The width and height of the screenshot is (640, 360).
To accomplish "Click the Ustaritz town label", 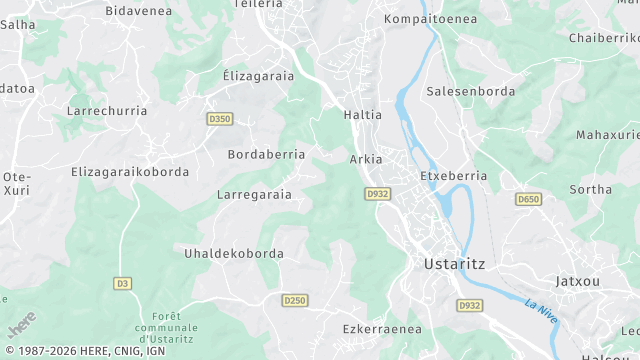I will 448,264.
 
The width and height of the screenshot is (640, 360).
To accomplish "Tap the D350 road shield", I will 220,119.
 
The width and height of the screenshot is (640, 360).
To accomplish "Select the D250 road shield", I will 294,300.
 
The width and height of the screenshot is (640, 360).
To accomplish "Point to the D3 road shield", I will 123,283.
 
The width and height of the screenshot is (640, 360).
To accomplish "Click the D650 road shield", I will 528,200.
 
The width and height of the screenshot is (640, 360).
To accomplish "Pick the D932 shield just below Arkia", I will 377,193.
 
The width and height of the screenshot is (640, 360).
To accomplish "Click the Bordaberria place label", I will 266,155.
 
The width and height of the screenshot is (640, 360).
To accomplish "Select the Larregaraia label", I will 254,194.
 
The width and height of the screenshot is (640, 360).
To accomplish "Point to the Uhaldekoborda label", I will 233,253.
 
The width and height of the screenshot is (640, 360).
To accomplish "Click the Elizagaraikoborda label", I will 130,172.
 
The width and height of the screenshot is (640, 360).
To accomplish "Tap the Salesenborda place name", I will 470,91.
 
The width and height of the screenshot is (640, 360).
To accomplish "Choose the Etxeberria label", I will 453,175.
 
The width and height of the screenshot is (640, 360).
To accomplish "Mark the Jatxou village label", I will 578,281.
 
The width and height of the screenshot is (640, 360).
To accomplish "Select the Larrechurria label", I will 106,111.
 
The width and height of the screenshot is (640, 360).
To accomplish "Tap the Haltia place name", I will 362,115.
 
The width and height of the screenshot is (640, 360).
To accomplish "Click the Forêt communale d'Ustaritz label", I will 167,326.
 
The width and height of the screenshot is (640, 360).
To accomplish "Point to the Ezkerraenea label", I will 382,328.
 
